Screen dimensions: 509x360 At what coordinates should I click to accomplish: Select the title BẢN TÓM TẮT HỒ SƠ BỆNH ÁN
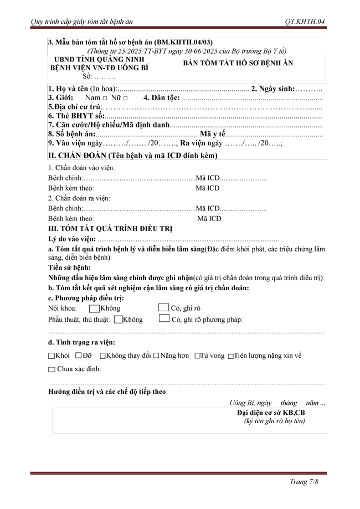pyautogui.click(x=238, y=63)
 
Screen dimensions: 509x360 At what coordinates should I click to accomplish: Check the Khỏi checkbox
pyautogui.click(x=52, y=356)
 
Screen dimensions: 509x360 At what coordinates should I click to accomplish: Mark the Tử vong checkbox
pyautogui.click(x=197, y=356)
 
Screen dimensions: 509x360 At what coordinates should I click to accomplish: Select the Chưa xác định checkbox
pyautogui.click(x=52, y=369)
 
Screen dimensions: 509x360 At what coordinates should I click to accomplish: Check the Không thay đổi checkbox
pyautogui.click(x=102, y=356)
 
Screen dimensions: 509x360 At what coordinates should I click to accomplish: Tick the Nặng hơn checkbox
pyautogui.click(x=156, y=356)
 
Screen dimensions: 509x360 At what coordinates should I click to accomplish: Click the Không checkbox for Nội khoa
pyautogui.click(x=94, y=308)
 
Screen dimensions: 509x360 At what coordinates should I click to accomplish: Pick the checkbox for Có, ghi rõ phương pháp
pyautogui.click(x=163, y=318)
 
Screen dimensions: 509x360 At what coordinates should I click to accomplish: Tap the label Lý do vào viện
pyautogui.click(x=72, y=239)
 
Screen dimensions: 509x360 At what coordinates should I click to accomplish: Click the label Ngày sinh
pyautogui.click(x=272, y=89)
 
